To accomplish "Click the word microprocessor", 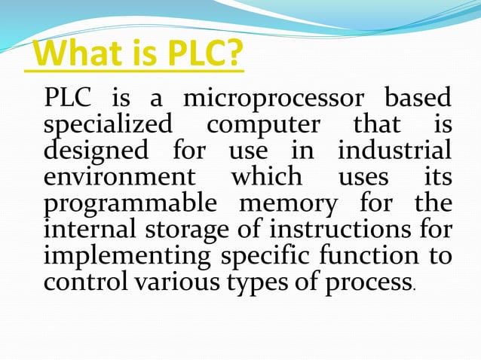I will coord(276,99).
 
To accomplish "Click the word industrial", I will coord(394,149).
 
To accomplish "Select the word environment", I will coord(118,177).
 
